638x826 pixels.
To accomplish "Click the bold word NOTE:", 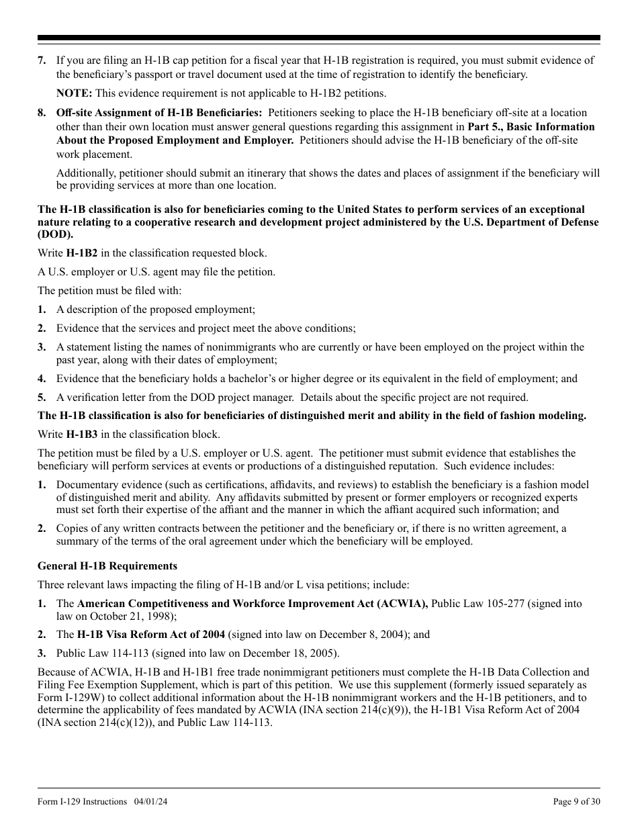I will coord(74,93).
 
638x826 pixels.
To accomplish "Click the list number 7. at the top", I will coord(42,60).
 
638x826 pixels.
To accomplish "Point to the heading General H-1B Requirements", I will coord(107,566).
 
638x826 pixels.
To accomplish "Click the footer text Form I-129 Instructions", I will coord(82,802).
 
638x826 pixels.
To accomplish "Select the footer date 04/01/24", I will coord(146,802).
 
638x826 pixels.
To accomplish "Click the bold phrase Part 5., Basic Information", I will coord(531,126).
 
